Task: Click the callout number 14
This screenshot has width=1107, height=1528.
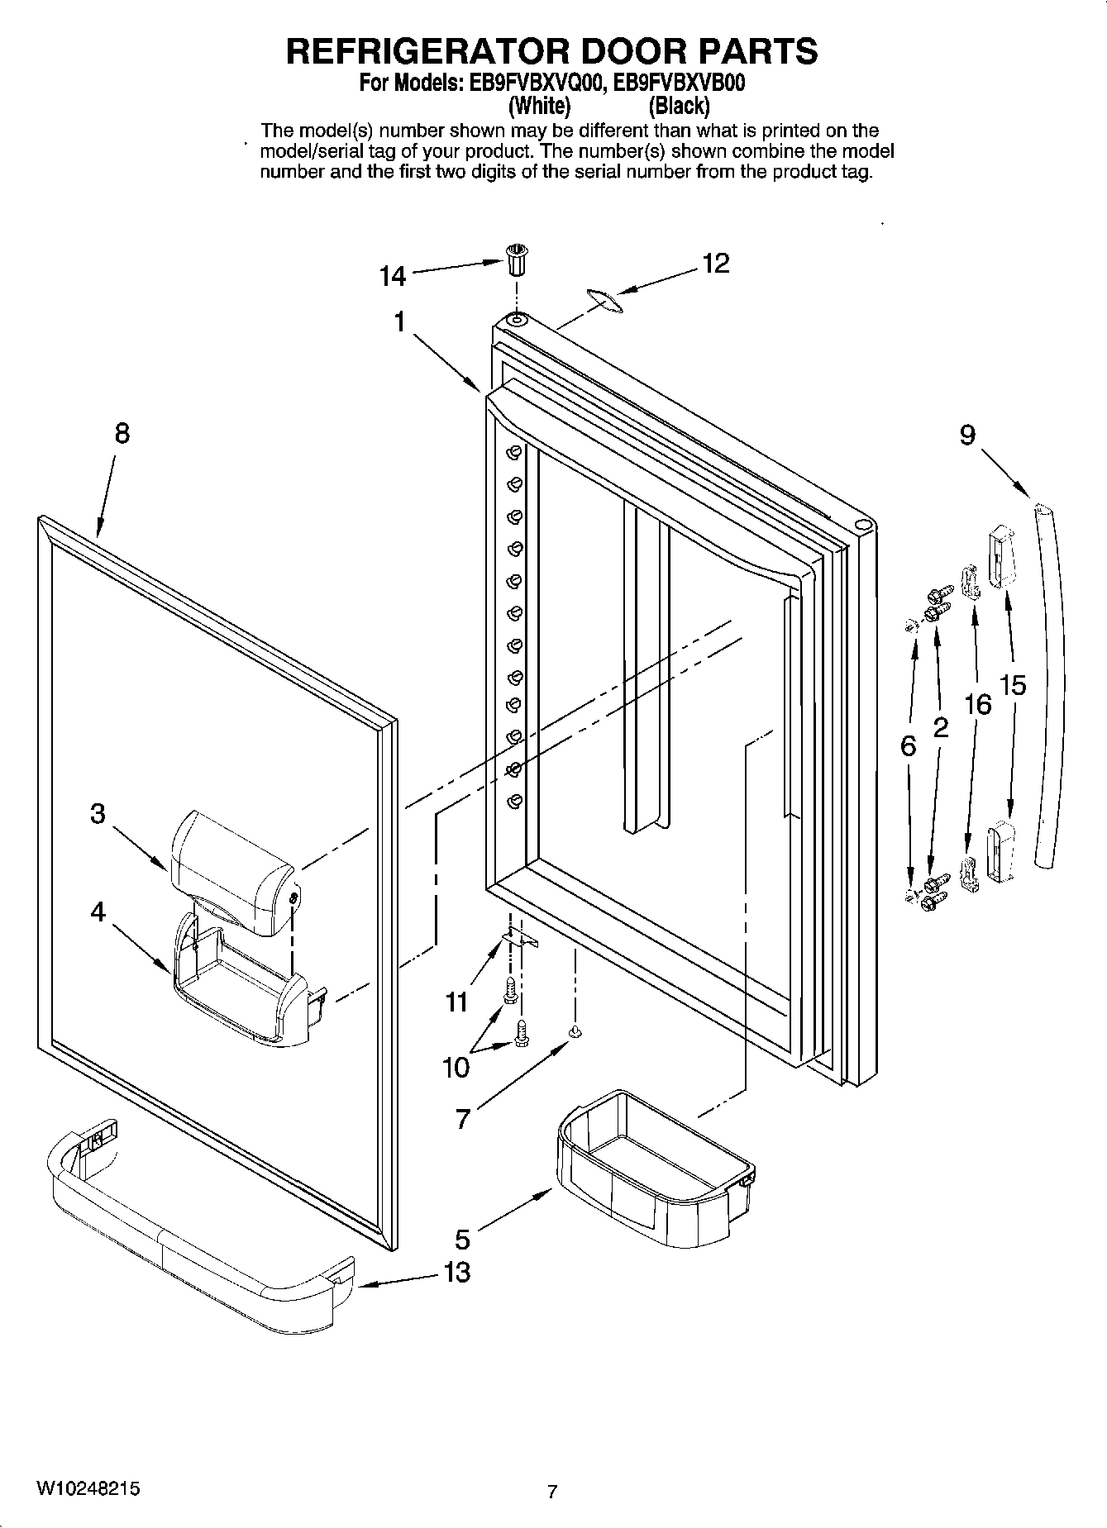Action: (x=393, y=276)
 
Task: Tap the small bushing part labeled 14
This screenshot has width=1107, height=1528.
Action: (x=516, y=263)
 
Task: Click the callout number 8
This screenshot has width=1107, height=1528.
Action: (x=122, y=433)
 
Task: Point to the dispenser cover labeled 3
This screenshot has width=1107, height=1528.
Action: (x=231, y=871)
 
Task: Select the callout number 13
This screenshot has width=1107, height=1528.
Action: (x=456, y=1272)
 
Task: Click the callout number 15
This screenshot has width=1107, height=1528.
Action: (x=1013, y=684)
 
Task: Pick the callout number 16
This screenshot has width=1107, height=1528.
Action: (x=977, y=704)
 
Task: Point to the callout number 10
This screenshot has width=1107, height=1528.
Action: (x=456, y=1068)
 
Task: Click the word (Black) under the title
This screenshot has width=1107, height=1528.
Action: (x=679, y=106)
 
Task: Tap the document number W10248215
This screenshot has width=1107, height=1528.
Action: (x=87, y=1488)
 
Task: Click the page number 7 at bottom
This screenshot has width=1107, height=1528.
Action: (x=552, y=1492)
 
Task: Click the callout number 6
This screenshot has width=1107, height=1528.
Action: (x=908, y=746)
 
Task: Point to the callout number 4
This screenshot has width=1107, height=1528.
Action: (x=98, y=912)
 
